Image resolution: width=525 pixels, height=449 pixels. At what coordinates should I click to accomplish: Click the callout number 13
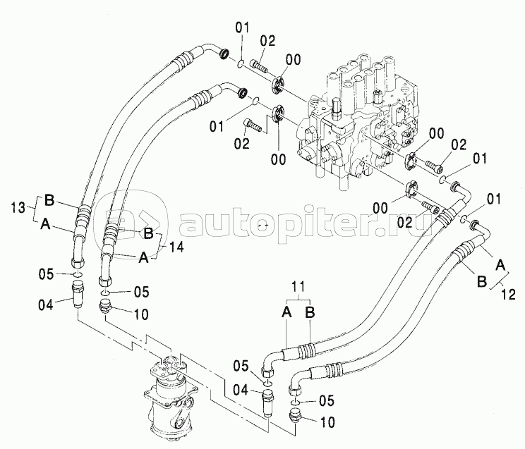click(x=18, y=208)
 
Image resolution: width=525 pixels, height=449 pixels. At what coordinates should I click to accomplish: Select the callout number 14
click(x=176, y=247)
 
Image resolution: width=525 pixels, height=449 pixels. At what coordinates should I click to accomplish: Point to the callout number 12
click(x=508, y=295)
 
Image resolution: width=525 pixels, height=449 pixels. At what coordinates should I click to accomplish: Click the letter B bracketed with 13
click(x=49, y=200)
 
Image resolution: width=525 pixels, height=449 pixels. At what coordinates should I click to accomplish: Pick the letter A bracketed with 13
click(x=45, y=223)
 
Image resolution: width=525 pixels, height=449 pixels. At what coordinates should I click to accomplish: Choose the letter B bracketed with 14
click(x=148, y=233)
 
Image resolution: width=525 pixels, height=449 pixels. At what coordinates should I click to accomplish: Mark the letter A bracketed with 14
click(x=143, y=257)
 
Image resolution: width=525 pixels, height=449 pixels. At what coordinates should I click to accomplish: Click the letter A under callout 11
click(x=286, y=312)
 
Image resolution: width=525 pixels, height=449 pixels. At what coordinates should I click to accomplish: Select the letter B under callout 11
click(x=310, y=312)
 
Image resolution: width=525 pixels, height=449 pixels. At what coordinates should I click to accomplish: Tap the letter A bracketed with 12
click(x=500, y=266)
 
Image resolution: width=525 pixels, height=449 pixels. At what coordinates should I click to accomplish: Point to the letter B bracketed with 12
click(x=481, y=281)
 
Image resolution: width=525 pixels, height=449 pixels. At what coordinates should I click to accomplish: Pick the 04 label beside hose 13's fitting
click(x=46, y=305)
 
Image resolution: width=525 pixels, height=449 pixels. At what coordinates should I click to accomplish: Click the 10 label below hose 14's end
click(x=141, y=314)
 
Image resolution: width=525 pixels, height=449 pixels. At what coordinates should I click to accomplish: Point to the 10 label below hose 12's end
click(x=327, y=423)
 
